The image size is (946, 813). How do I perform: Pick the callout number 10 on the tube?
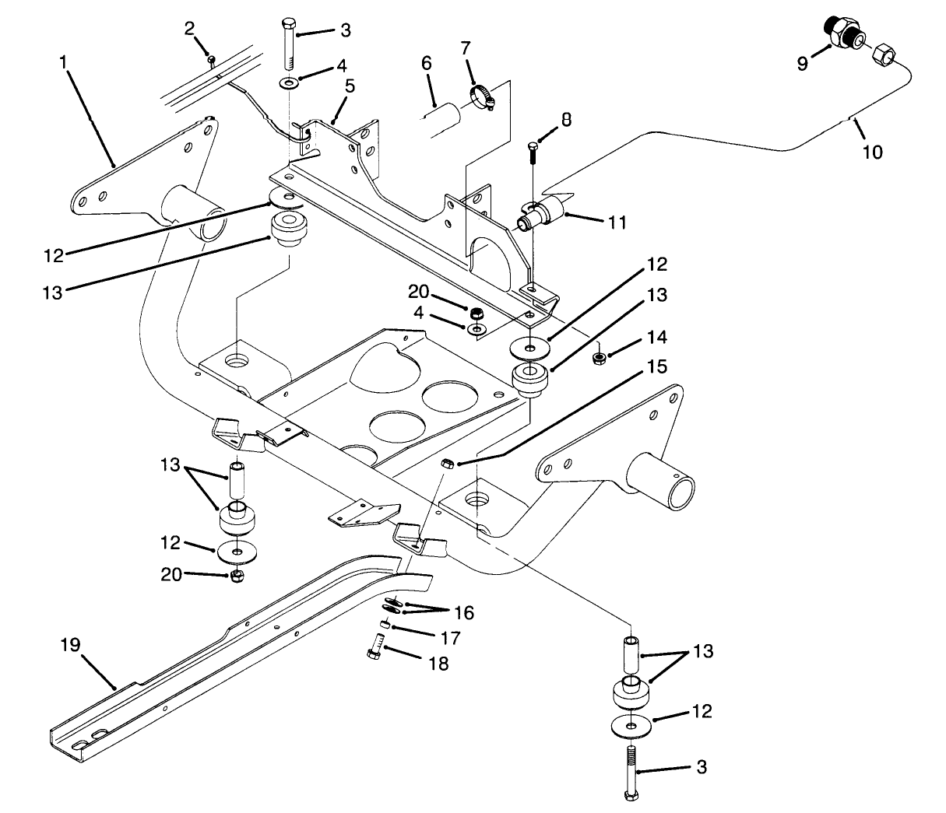[x=873, y=152]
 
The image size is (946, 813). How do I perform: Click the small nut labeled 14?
[x=600, y=359]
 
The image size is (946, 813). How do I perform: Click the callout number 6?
[x=427, y=62]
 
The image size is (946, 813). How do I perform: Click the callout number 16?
[x=463, y=612]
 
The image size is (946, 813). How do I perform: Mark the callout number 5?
[x=350, y=85]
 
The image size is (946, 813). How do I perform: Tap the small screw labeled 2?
[x=210, y=58]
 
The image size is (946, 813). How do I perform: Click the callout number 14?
[x=656, y=337]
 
